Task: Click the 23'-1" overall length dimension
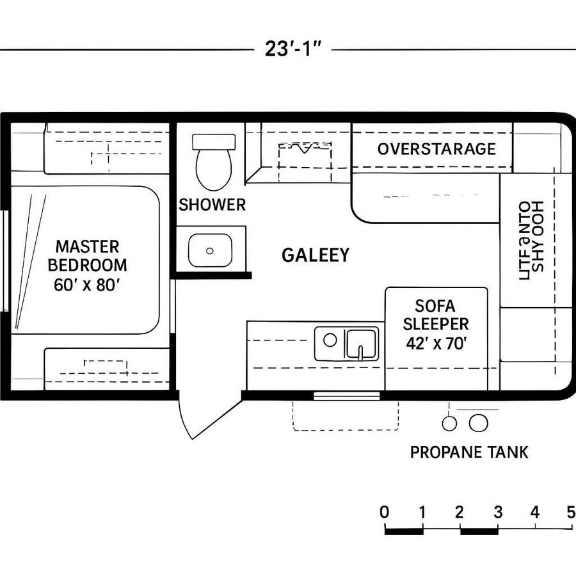pyautogui.click(x=292, y=49)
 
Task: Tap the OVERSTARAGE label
pyautogui.click(x=436, y=149)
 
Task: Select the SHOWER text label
pyautogui.click(x=212, y=205)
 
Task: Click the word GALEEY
pyautogui.click(x=316, y=255)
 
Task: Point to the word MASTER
pyautogui.click(x=87, y=246)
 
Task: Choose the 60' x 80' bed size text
pyautogui.click(x=88, y=285)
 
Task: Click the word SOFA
pyautogui.click(x=436, y=306)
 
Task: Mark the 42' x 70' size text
pyautogui.click(x=436, y=343)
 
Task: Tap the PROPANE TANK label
pyautogui.click(x=469, y=452)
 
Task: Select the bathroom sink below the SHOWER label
pyautogui.click(x=210, y=250)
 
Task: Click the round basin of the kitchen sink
pyautogui.click(x=330, y=340)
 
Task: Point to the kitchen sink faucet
pyautogui.click(x=361, y=351)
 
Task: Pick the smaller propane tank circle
pyautogui.click(x=450, y=423)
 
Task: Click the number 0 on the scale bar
pyautogui.click(x=384, y=512)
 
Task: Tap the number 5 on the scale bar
pyautogui.click(x=570, y=512)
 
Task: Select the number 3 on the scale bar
pyautogui.click(x=497, y=512)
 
